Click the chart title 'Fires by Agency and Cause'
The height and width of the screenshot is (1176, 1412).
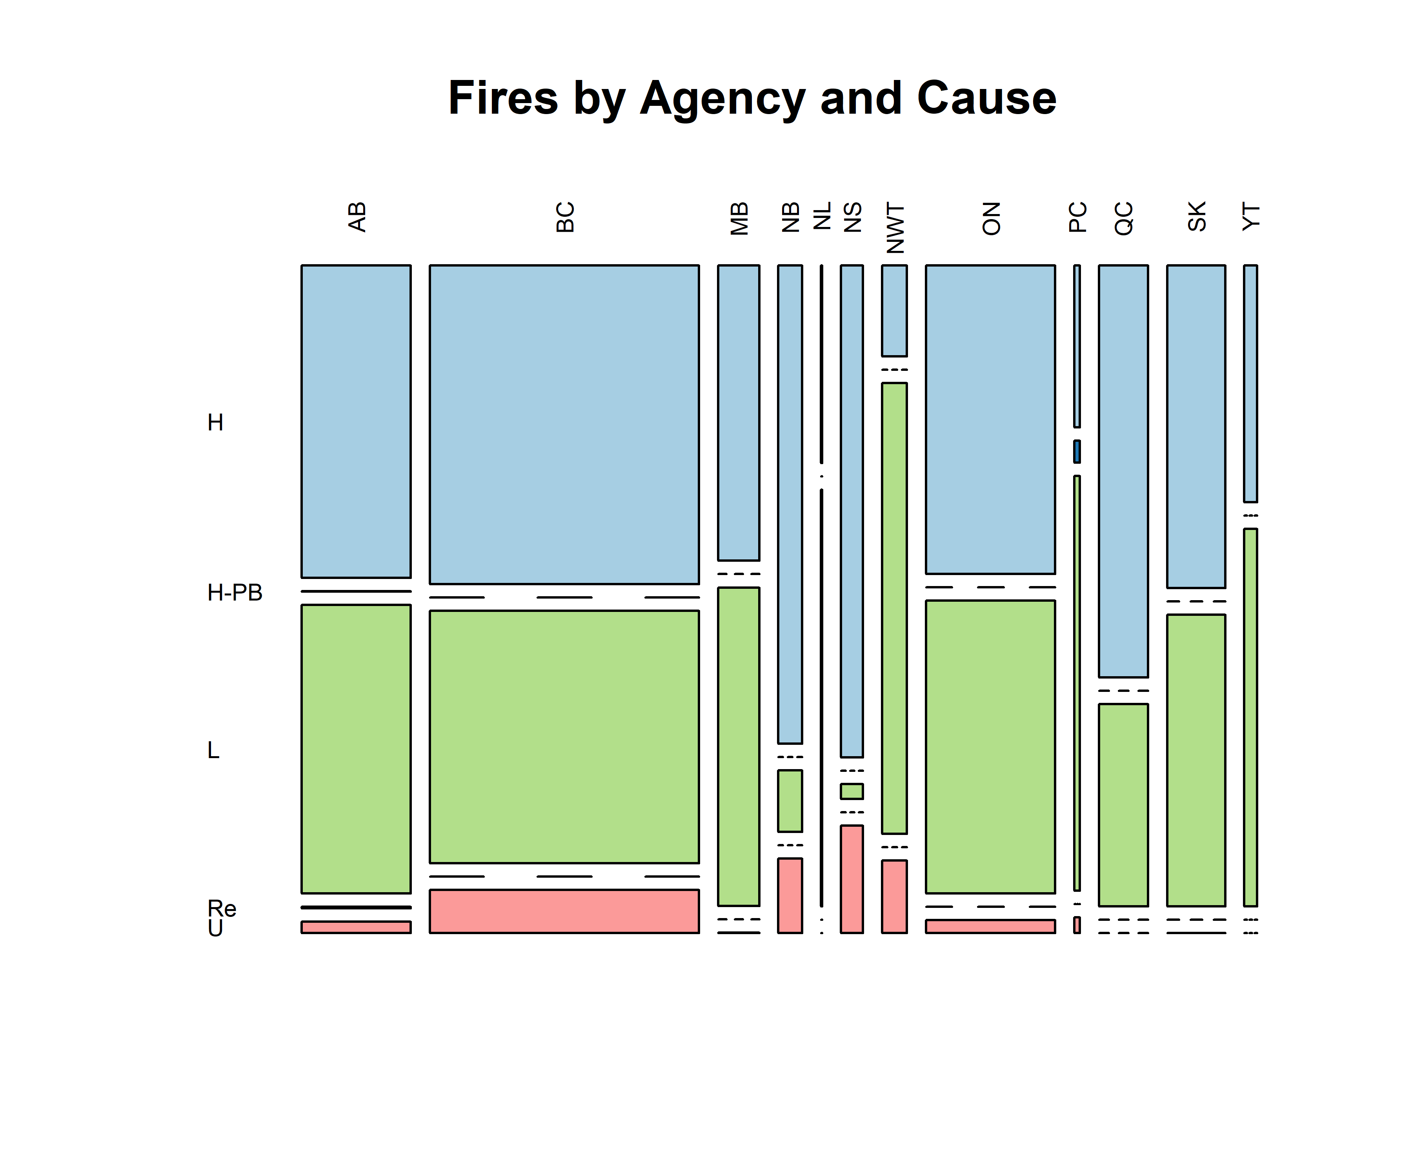(x=752, y=98)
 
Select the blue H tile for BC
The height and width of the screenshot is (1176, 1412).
(x=564, y=424)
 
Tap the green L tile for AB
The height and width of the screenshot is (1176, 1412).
(x=356, y=749)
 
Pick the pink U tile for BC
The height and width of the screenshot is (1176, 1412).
(x=564, y=911)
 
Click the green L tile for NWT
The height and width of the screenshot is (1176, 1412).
(x=894, y=608)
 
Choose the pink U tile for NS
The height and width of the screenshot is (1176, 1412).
(x=852, y=879)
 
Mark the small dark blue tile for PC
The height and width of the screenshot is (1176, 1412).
(x=1077, y=452)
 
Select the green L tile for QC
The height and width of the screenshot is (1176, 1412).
(x=1123, y=805)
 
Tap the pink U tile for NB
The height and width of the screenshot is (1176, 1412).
(x=790, y=896)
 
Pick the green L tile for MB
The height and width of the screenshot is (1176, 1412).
(x=738, y=747)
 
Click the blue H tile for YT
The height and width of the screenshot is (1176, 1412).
(x=1250, y=384)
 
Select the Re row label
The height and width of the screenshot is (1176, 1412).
(x=222, y=909)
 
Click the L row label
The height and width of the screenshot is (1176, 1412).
(x=213, y=750)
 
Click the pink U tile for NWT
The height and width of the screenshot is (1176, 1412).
(x=894, y=897)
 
